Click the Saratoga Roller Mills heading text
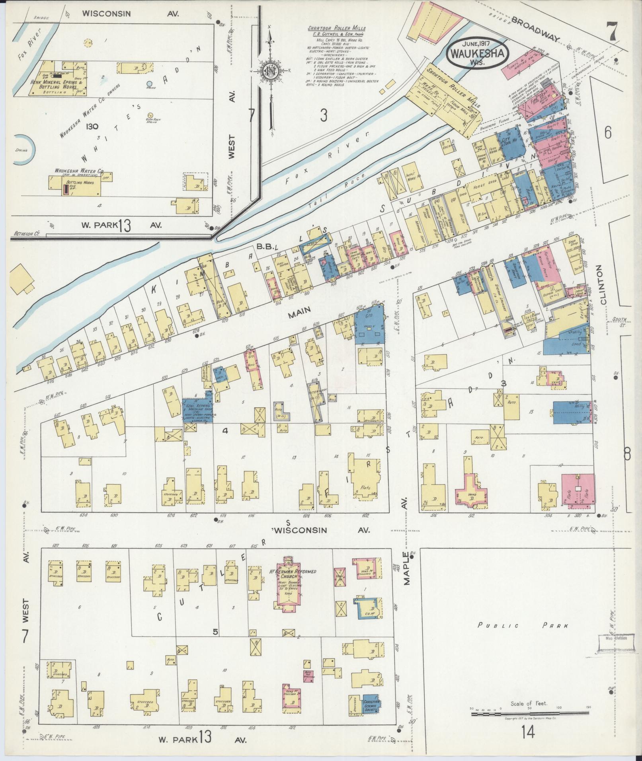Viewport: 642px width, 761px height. tap(336, 29)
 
